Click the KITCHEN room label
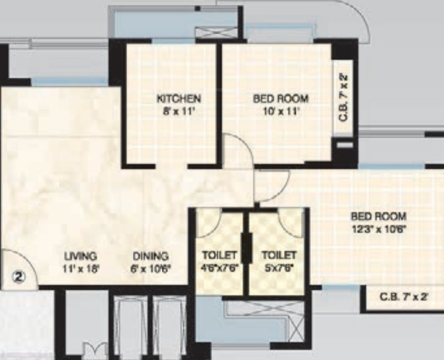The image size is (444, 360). (178, 99)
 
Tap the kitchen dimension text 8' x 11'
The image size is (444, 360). (178, 111)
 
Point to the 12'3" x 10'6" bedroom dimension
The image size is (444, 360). (378, 229)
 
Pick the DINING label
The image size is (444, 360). (150, 256)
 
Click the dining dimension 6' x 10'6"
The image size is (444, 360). (151, 269)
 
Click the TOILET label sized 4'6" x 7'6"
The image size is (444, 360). (219, 256)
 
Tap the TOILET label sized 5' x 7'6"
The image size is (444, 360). (279, 256)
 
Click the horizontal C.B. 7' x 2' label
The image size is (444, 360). (404, 297)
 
